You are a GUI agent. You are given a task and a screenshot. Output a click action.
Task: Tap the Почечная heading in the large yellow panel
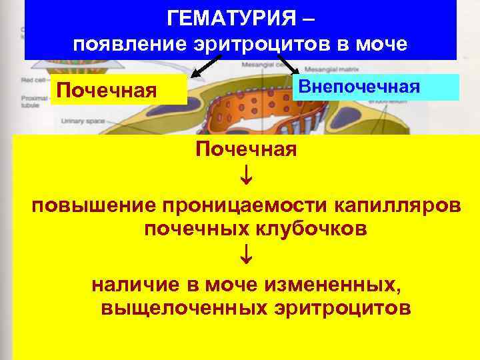coord(245,149)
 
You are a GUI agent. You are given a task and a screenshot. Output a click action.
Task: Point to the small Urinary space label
coord(79,121)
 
